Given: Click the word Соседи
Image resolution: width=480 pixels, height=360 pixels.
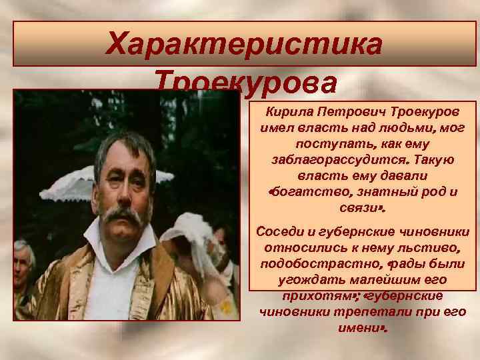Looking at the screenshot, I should [279, 231].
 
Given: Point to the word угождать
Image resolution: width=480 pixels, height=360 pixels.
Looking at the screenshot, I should [312, 280].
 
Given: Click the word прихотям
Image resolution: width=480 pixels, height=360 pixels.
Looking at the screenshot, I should [317, 295].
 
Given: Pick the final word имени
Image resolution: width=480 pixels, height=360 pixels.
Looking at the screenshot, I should [361, 328].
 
